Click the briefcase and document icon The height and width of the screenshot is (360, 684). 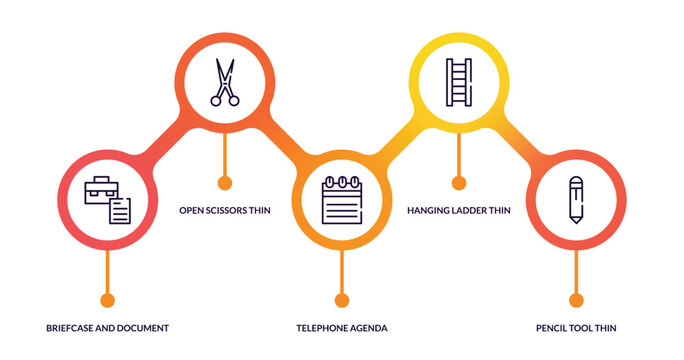(108, 200)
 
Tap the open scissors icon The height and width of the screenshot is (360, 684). (225, 82)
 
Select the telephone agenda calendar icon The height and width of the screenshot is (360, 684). (342, 200)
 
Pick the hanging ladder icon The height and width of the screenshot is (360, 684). (459, 82)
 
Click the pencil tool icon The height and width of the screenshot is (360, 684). (576, 200)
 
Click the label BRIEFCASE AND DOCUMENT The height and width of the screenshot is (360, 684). (108, 328)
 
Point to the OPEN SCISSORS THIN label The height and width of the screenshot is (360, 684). (225, 211)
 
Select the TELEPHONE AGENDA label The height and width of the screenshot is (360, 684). (342, 328)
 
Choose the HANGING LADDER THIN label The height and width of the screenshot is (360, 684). (459, 211)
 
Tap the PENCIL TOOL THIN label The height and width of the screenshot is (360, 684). (576, 328)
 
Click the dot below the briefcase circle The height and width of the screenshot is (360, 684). (108, 300)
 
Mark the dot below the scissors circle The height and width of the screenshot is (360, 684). (225, 182)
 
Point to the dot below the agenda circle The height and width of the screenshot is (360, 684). (342, 300)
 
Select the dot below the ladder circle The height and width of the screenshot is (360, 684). (459, 182)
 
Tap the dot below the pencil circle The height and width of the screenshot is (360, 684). (576, 300)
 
